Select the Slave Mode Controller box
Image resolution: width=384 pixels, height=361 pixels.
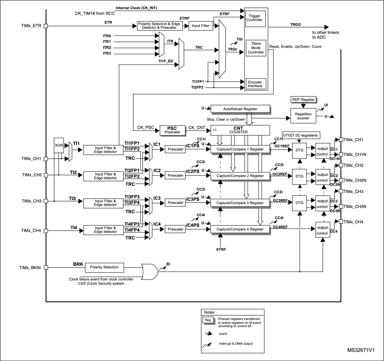[x=256, y=48]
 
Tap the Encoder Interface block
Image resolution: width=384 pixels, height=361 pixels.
[x=255, y=84]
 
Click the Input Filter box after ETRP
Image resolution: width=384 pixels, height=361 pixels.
[x=200, y=26]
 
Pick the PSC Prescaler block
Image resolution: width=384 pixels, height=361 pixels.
[x=172, y=130]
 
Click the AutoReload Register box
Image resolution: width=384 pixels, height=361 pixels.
[x=240, y=109]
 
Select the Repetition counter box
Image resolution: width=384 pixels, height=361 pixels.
[x=303, y=116]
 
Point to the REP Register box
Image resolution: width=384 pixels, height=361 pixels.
[x=303, y=100]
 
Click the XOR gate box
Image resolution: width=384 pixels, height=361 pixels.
[x=59, y=145]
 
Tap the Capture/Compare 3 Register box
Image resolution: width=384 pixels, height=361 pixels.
[x=240, y=203]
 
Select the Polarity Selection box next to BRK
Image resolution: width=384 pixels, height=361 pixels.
[x=104, y=267]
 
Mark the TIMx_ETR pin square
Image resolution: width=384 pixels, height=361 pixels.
[x=46, y=26]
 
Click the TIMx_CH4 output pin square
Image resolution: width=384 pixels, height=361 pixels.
[x=340, y=222]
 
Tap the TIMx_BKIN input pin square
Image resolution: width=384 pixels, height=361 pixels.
[x=46, y=268]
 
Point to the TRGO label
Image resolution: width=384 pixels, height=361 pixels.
[x=295, y=25]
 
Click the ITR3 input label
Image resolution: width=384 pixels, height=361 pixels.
[x=107, y=53]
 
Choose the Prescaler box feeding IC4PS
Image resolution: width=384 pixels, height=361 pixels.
[x=175, y=229]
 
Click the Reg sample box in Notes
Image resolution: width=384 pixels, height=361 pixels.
[x=208, y=320]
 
